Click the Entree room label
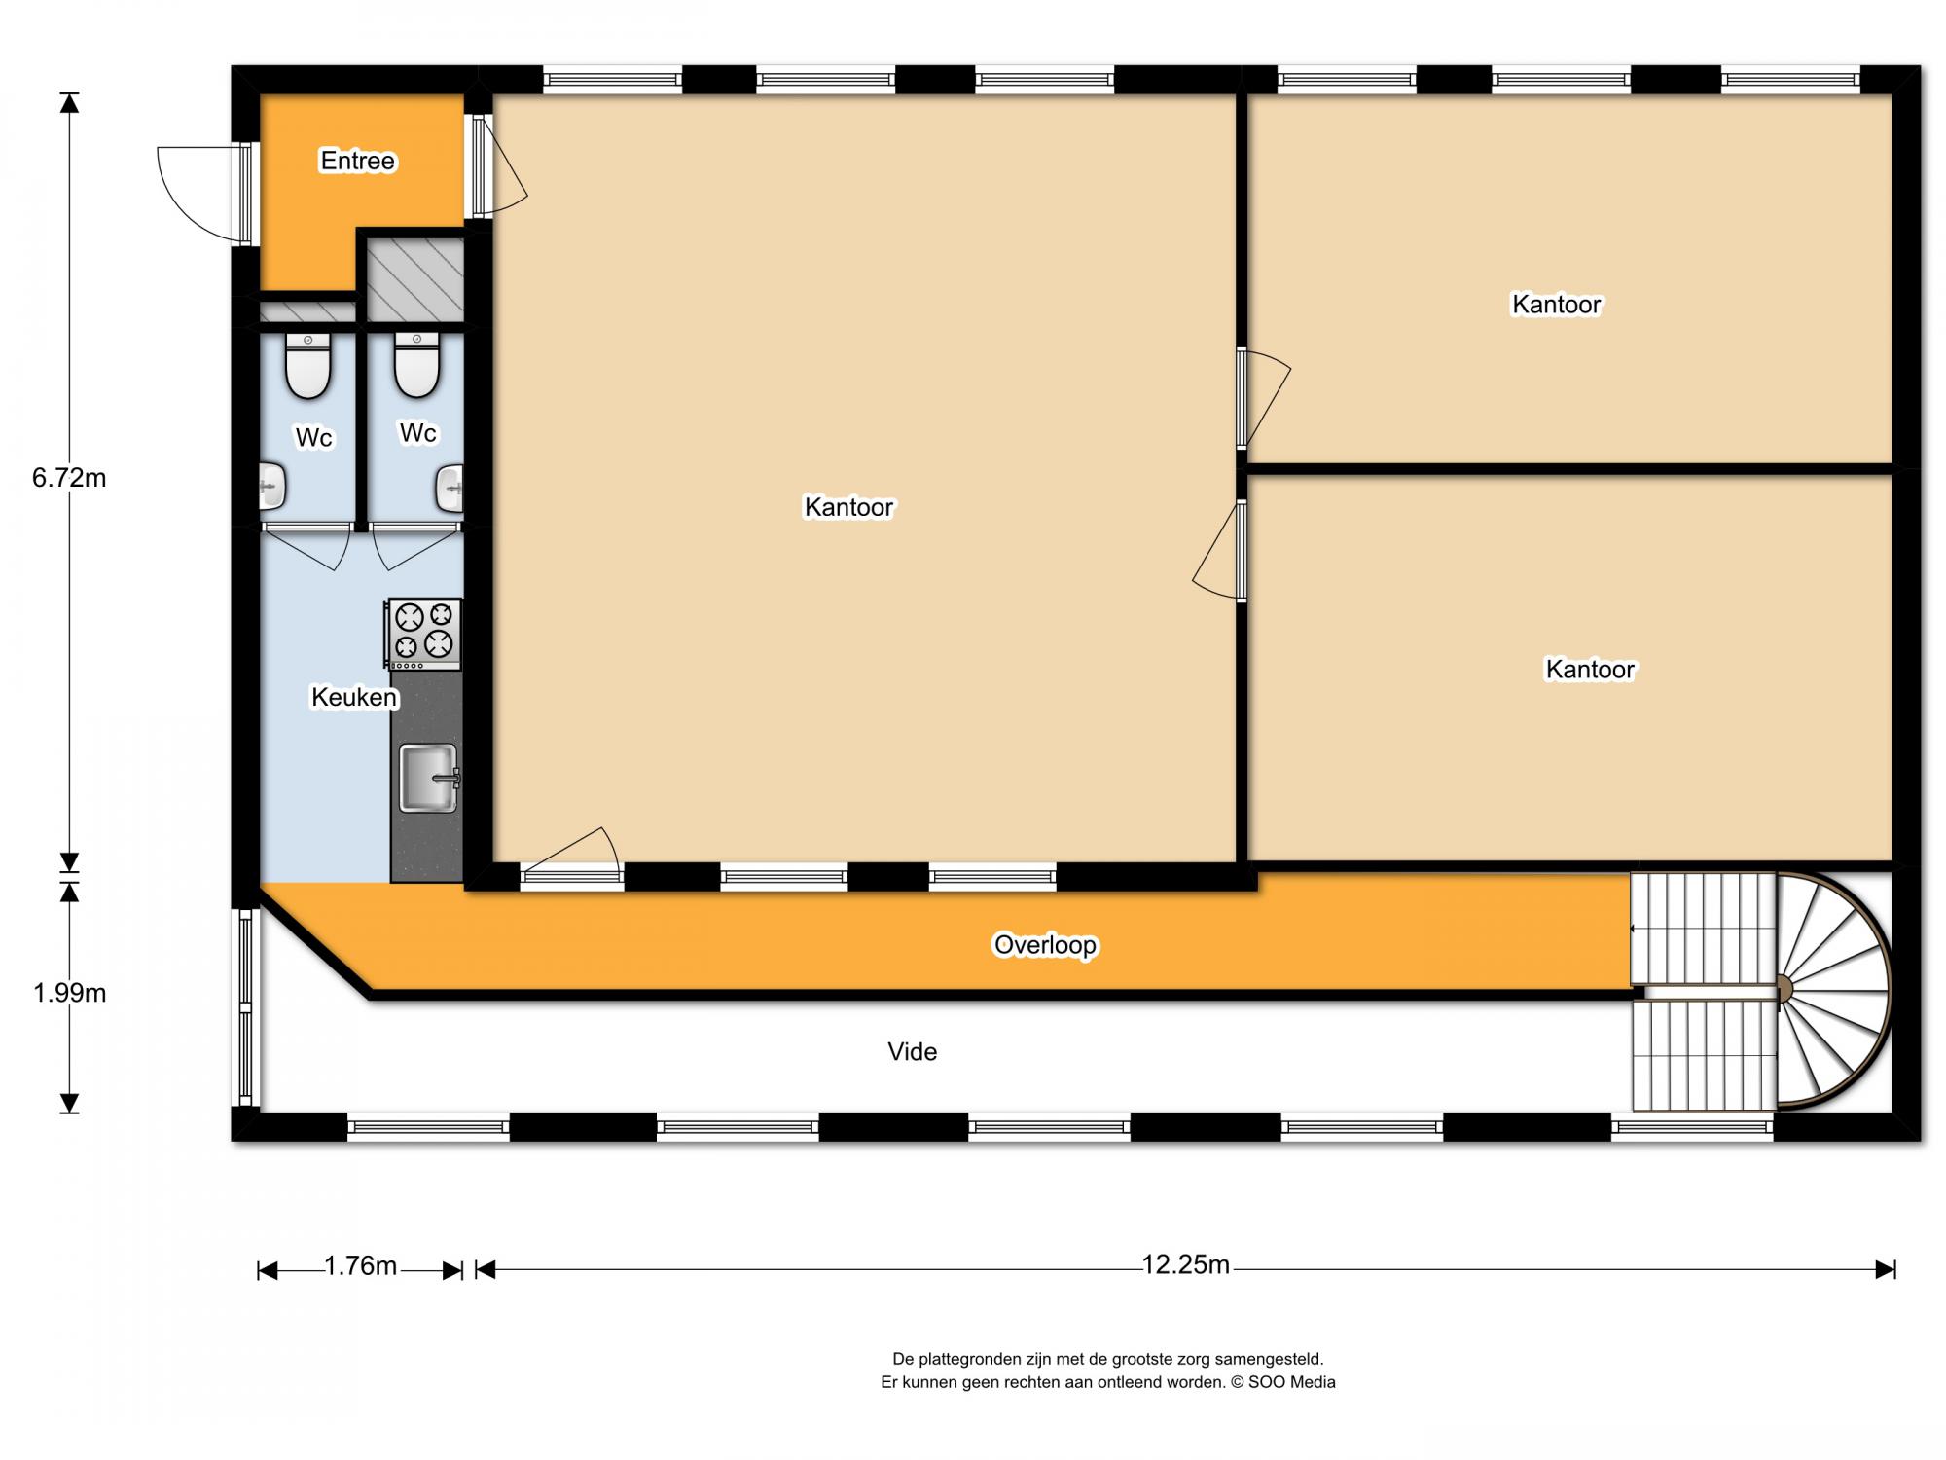pos(358,161)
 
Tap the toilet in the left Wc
pos(308,366)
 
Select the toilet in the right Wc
pos(417,365)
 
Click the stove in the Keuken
pos(424,634)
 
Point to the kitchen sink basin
pos(428,778)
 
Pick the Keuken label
pos(354,697)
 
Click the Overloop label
pos(1045,945)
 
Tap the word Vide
pos(913,1051)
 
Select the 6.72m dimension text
pos(69,478)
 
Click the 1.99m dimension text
pos(69,993)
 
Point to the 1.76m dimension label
pos(360,1265)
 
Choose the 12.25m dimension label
pos(1185,1264)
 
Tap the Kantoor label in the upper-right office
pos(1557,305)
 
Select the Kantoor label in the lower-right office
pos(1591,670)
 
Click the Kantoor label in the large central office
pos(848,507)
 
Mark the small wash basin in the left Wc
pos(272,488)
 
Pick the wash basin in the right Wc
pos(449,489)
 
